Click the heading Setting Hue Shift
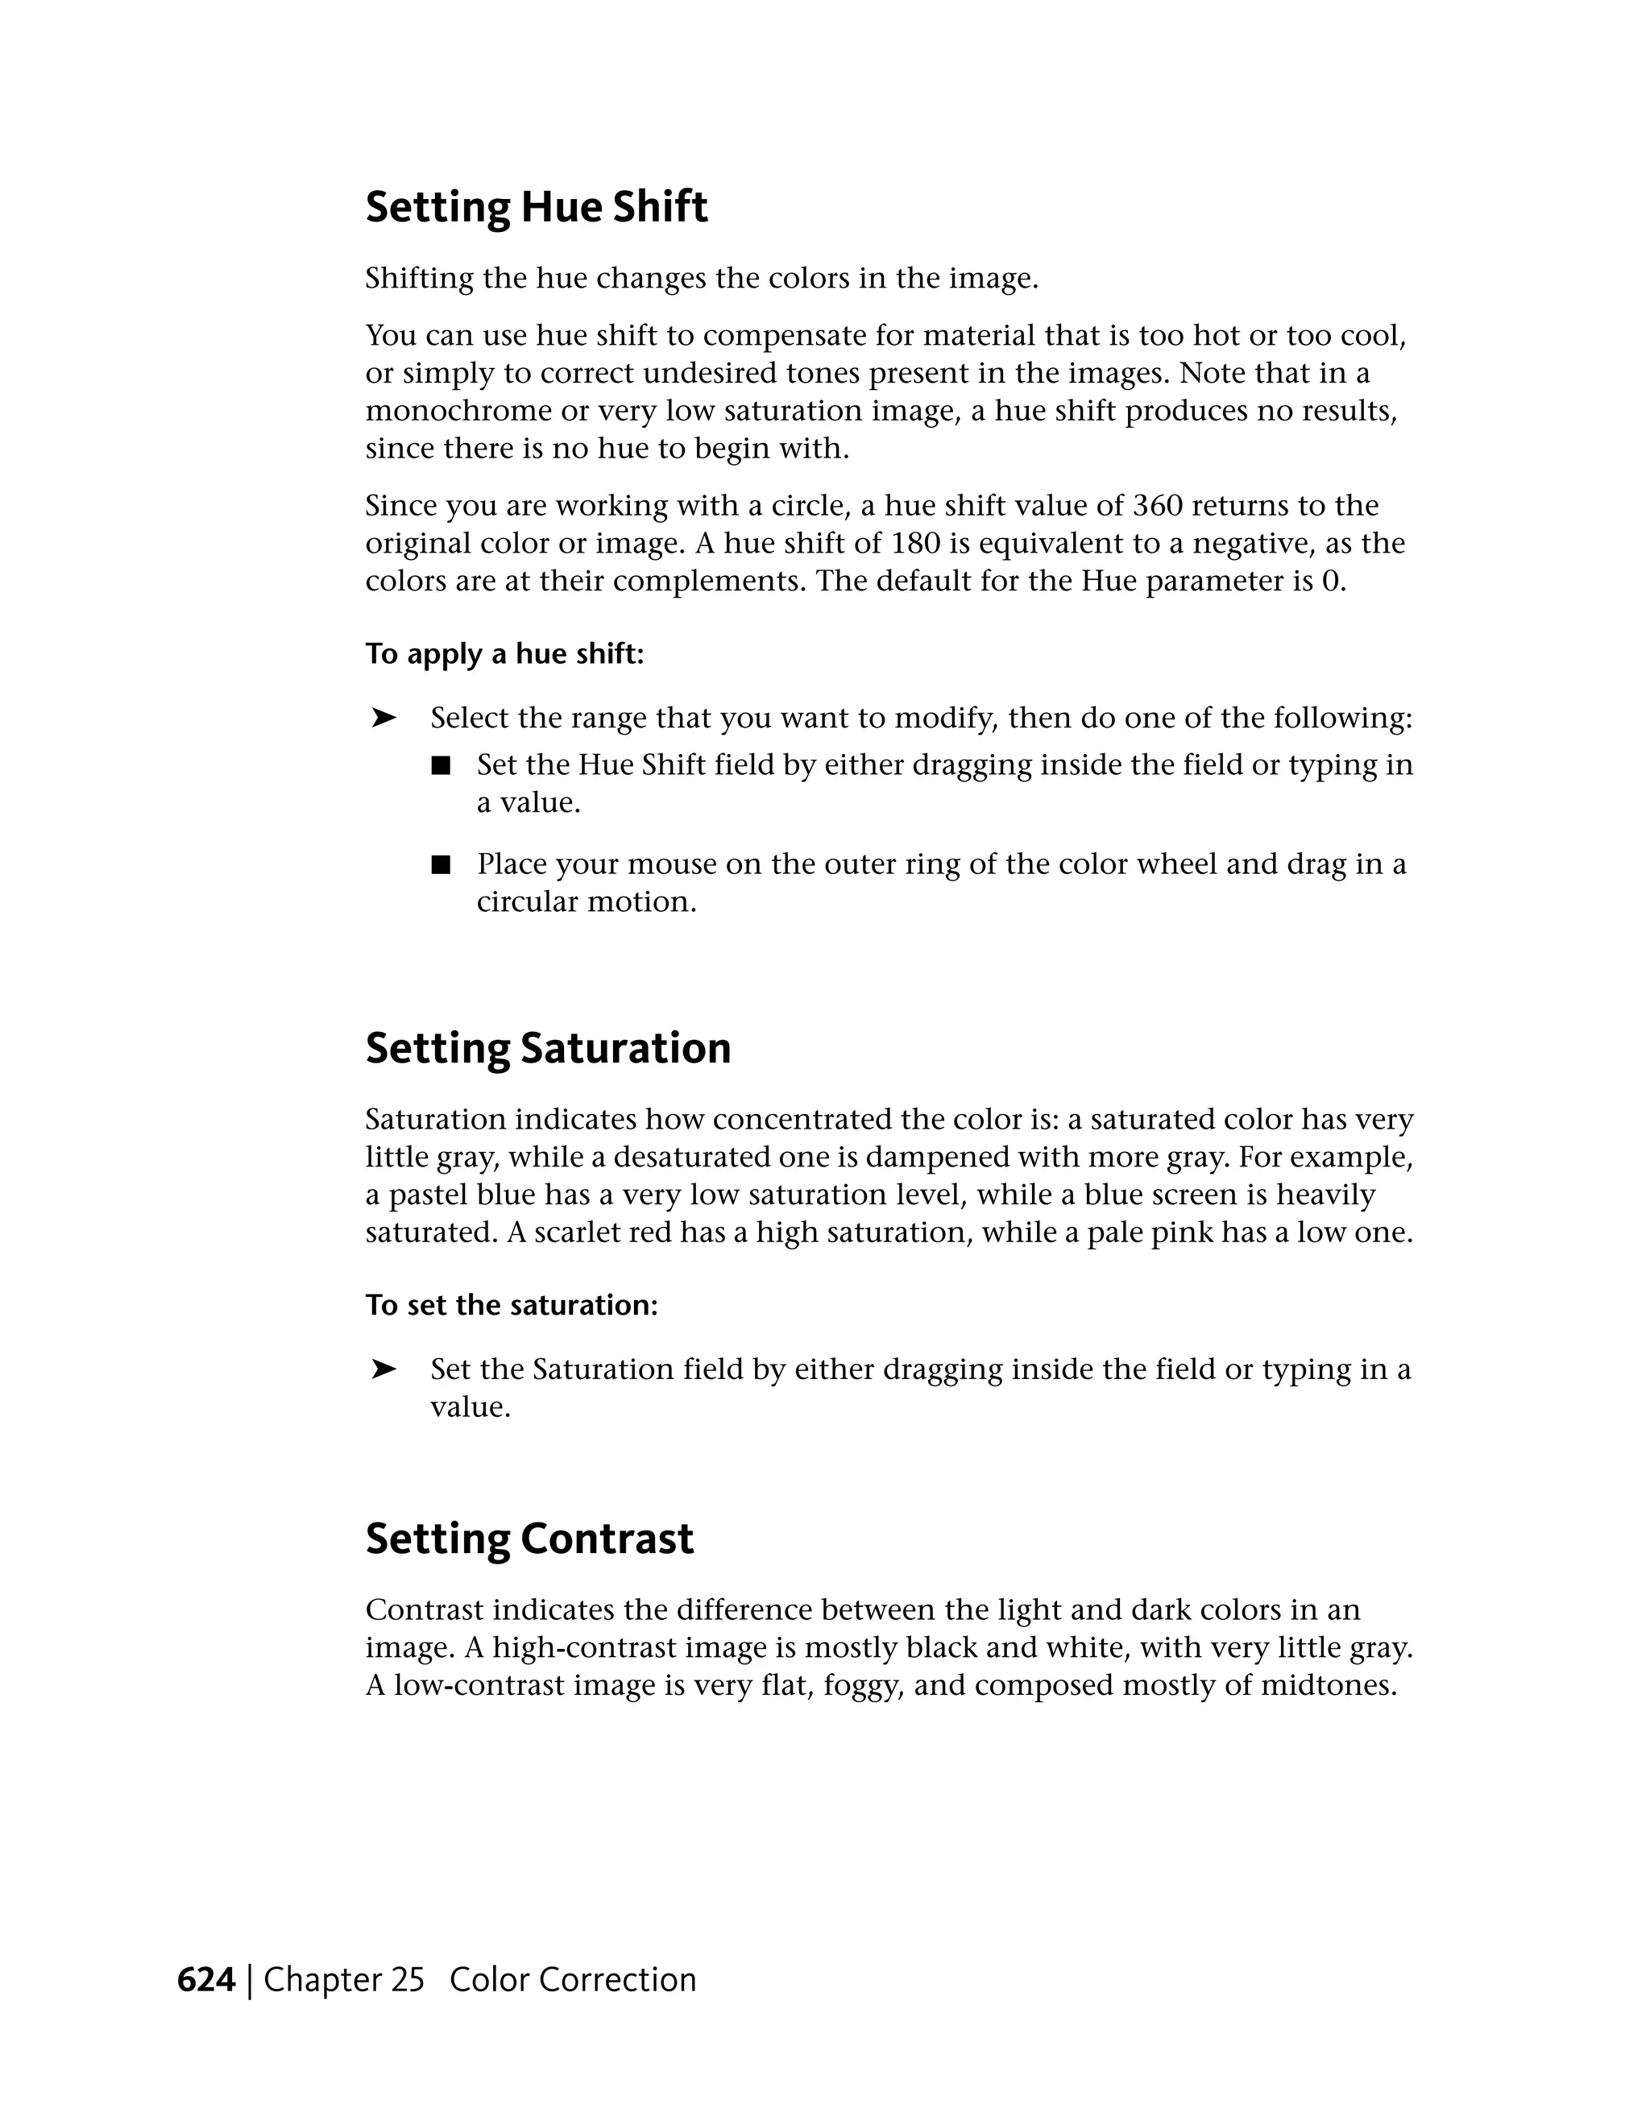tap(536, 208)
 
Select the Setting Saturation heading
tap(548, 1049)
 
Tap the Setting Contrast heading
tap(529, 1539)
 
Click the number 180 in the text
tap(916, 543)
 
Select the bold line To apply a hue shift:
tap(504, 655)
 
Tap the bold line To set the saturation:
tap(511, 1305)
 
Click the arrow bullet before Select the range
tap(383, 719)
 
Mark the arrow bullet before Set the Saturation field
tap(383, 1369)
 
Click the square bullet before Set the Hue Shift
tap(442, 766)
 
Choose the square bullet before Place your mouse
tap(442, 864)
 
